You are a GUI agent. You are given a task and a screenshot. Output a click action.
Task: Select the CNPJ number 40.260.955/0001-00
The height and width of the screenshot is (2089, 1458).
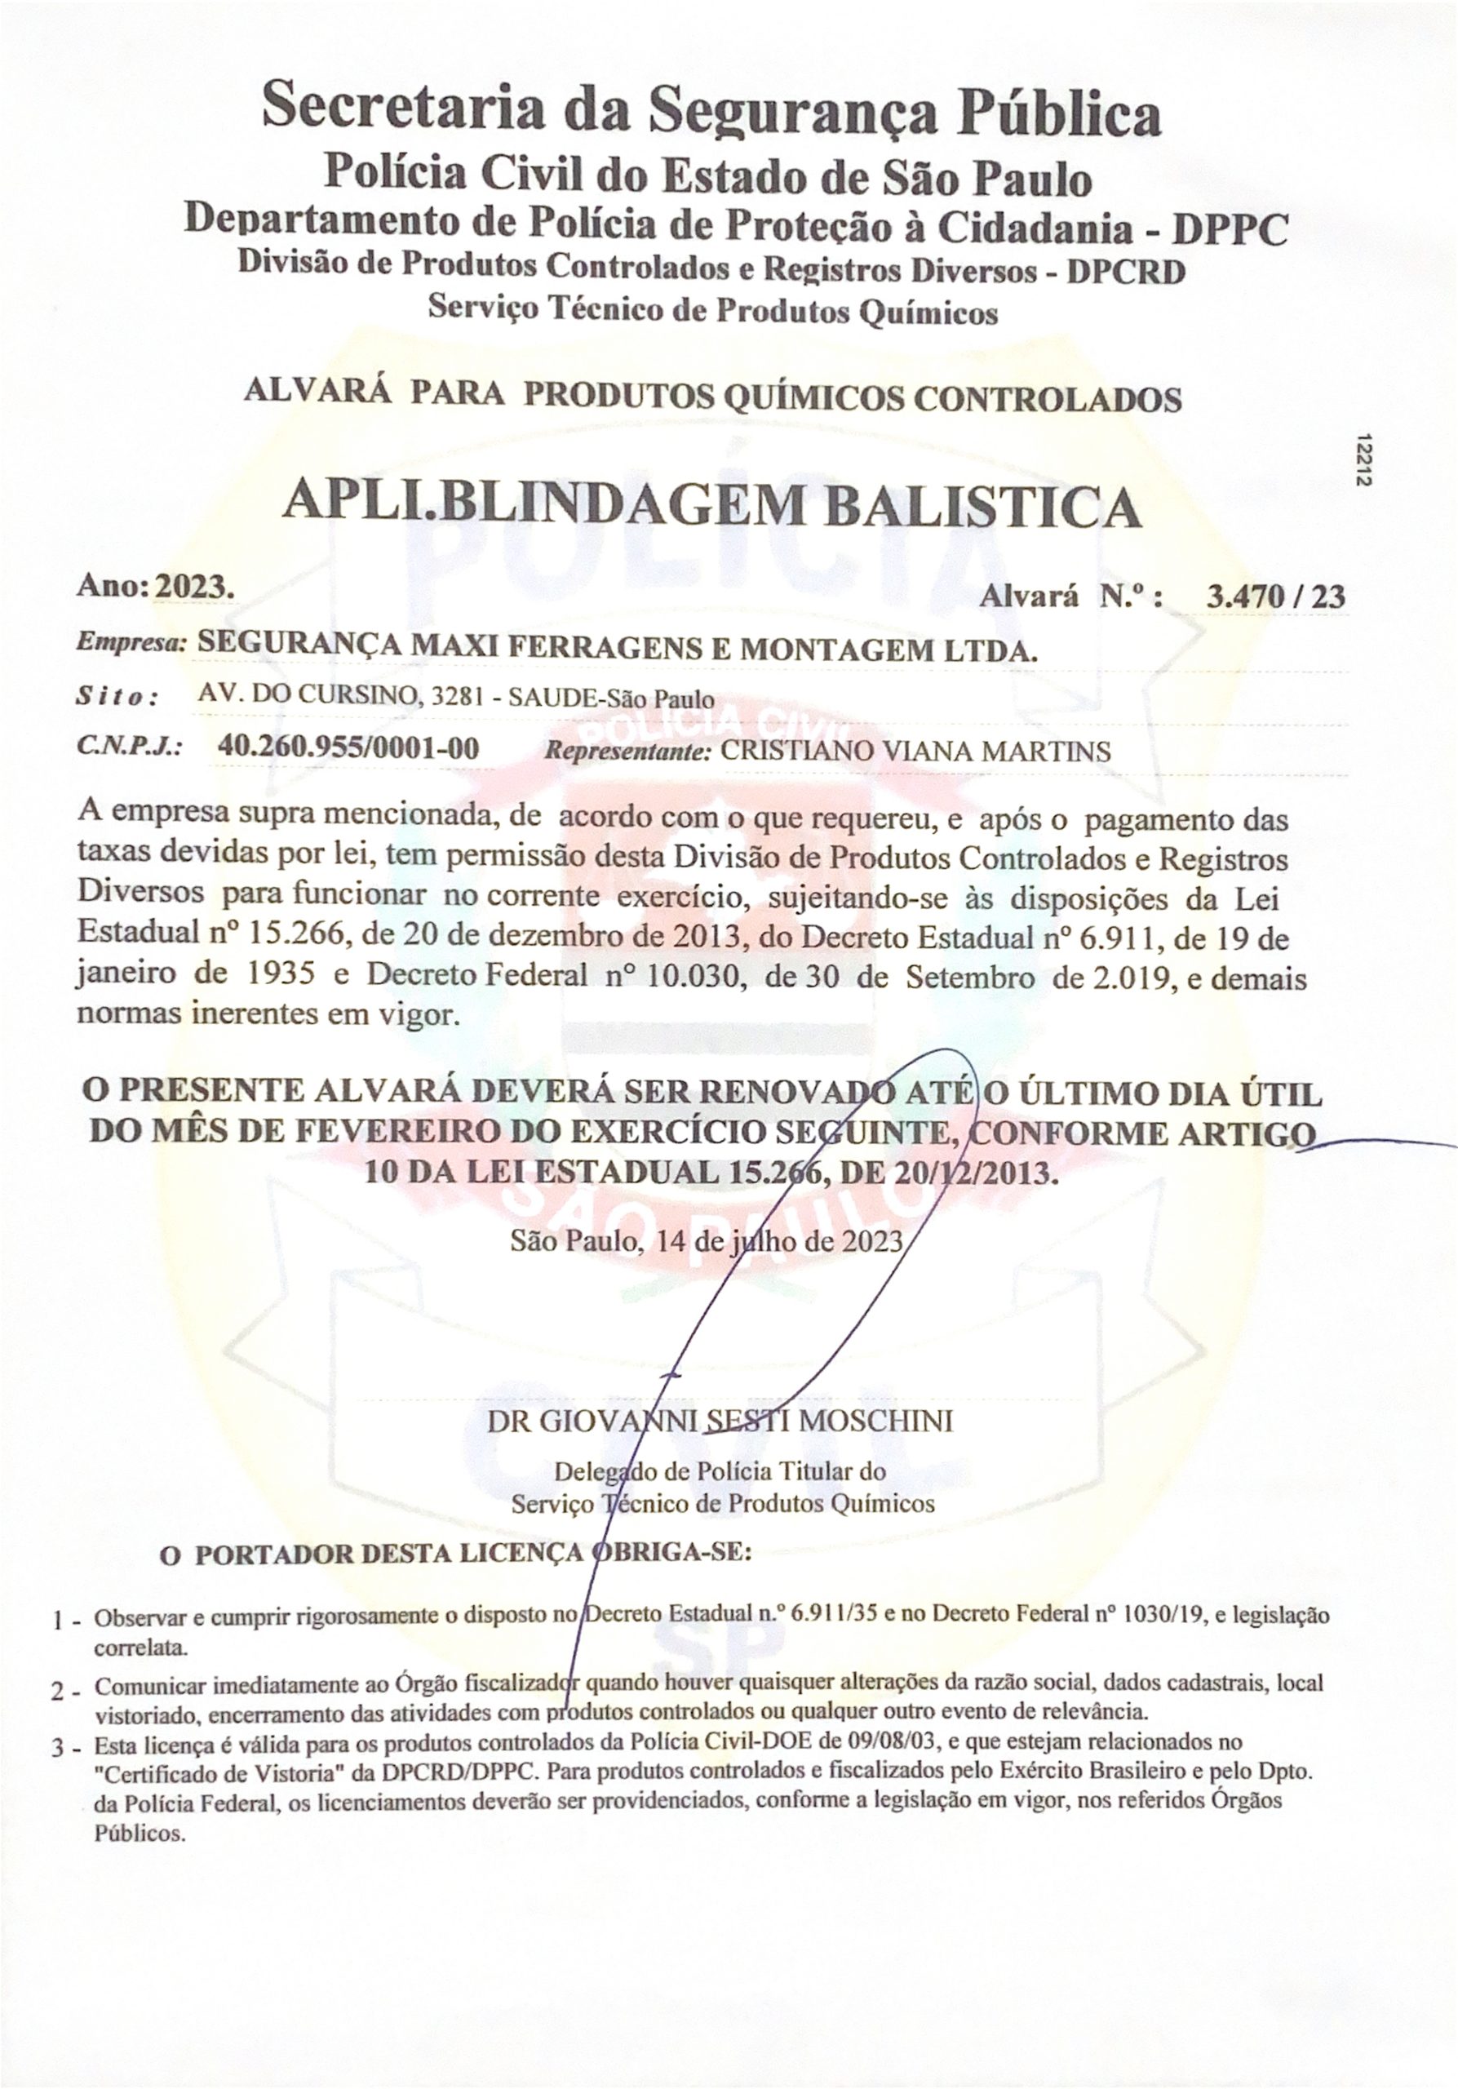pyautogui.click(x=348, y=748)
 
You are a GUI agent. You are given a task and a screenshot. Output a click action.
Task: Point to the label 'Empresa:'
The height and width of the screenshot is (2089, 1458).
pyautogui.click(x=131, y=641)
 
